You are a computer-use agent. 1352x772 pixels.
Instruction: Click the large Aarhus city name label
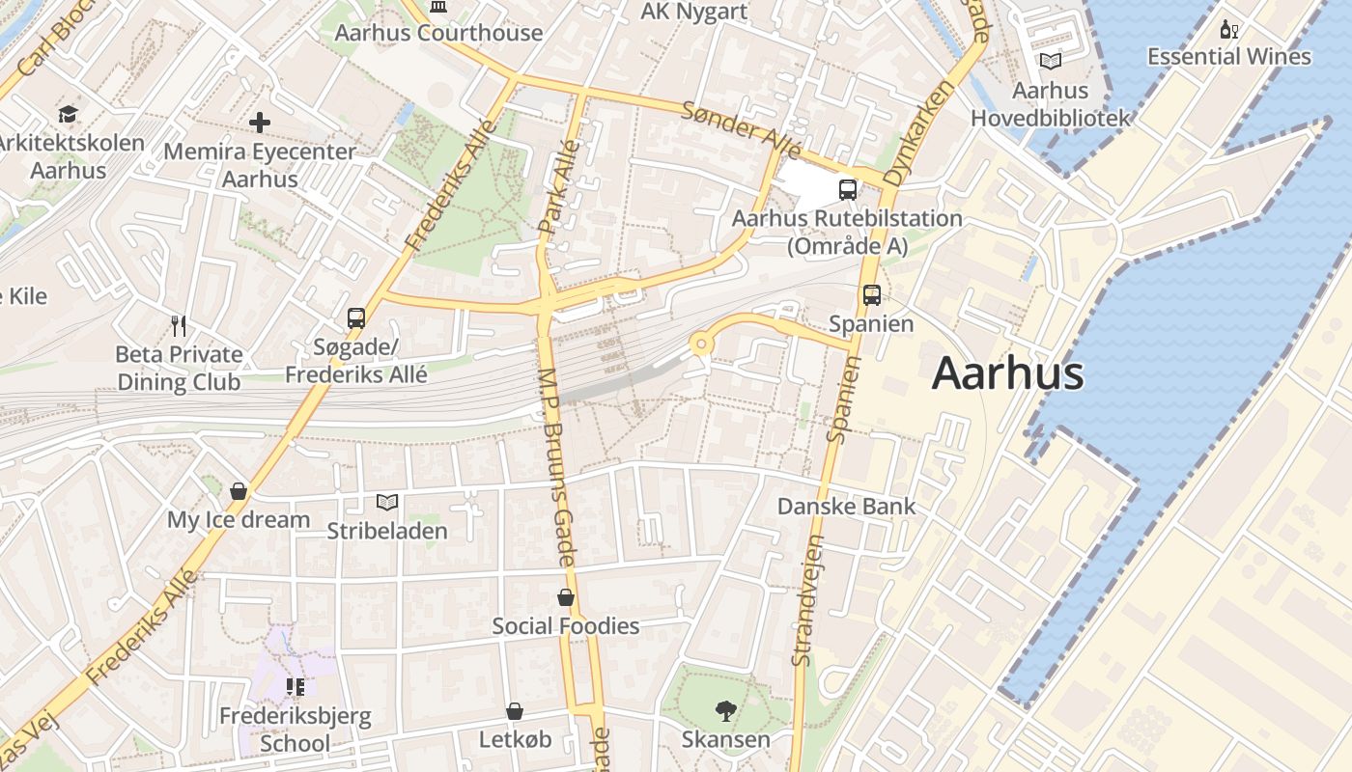coord(1007,373)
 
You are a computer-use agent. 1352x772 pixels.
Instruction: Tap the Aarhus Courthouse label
coord(438,33)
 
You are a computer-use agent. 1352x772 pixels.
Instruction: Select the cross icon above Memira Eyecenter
coord(260,123)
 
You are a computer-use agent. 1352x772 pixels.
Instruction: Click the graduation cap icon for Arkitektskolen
coord(68,114)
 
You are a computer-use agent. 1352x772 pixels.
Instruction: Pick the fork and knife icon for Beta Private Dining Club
coord(178,325)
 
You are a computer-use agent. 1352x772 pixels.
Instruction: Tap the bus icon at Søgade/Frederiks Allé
coord(355,317)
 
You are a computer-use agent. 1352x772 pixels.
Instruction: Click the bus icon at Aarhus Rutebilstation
coord(847,189)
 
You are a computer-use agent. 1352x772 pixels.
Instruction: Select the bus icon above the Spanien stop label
coord(871,294)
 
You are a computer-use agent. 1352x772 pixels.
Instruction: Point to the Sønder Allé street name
coord(742,129)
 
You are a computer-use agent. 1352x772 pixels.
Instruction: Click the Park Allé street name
coord(559,188)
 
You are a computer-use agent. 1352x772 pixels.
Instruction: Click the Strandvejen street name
coord(807,599)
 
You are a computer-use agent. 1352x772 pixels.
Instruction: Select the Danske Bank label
coord(846,506)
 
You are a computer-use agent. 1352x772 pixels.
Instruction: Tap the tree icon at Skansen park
coord(725,711)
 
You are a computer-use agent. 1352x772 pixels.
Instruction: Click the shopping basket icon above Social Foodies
coord(566,597)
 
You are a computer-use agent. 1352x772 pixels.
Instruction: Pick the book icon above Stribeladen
coord(386,502)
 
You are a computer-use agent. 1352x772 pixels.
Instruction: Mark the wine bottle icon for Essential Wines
coord(1228,29)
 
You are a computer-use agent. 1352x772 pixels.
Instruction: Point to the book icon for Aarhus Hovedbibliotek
coord(1049,61)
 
